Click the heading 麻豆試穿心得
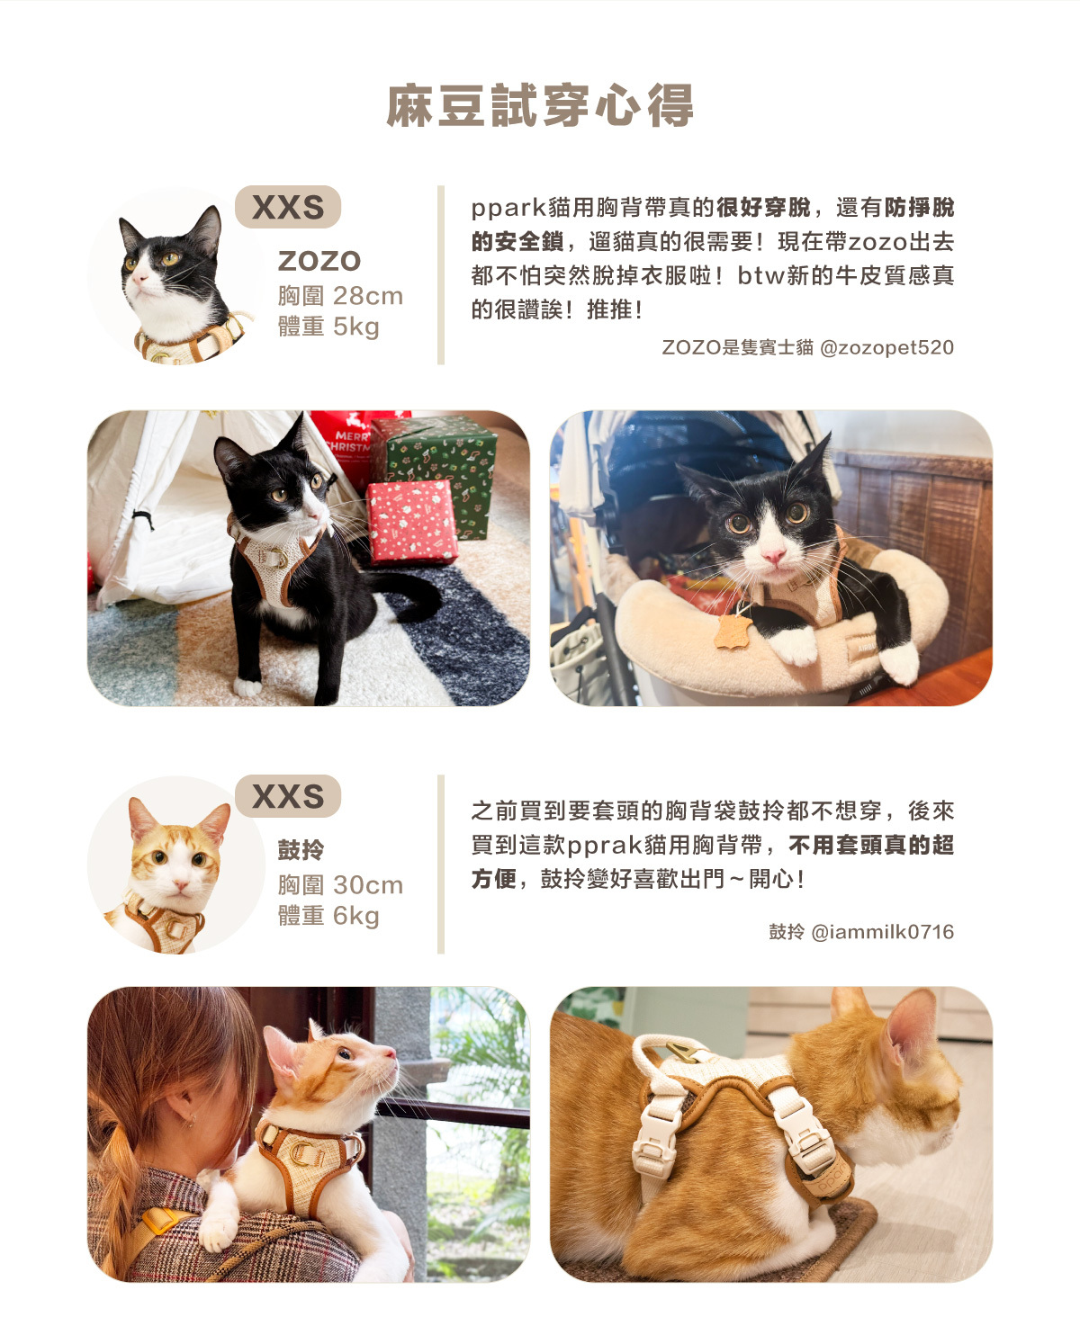[540, 105]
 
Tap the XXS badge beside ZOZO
[288, 207]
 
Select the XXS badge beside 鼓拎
[288, 796]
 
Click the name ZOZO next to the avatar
[319, 261]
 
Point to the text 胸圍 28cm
[340, 296]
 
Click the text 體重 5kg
[328, 327]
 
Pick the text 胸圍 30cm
[340, 885]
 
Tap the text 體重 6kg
[328, 916]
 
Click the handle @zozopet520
[886, 347]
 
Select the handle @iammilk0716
[883, 932]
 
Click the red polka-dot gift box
[412, 522]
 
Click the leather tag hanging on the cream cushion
[733, 631]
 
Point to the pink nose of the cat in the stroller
[773, 555]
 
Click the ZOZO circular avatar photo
[176, 276]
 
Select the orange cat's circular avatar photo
[176, 865]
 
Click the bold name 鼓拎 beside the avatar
[301, 850]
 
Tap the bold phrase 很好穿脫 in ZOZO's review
[763, 208]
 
